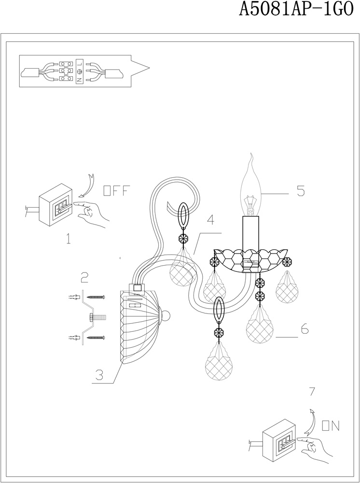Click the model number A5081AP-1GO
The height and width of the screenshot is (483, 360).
coord(296,10)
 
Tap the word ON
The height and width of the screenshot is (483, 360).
coord(331,426)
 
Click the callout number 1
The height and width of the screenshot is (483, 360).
coord(69,238)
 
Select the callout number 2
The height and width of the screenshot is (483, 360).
coord(84,277)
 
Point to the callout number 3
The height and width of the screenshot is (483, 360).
coord(98,375)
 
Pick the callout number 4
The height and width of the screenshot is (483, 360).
coord(210,219)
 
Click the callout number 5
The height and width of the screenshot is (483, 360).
coord(300,191)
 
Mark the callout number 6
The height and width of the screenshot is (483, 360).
coord(304,330)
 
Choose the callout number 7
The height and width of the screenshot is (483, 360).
coord(312,391)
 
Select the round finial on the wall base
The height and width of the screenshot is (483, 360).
coord(166,316)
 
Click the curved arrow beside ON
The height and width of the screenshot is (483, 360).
coord(312,420)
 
